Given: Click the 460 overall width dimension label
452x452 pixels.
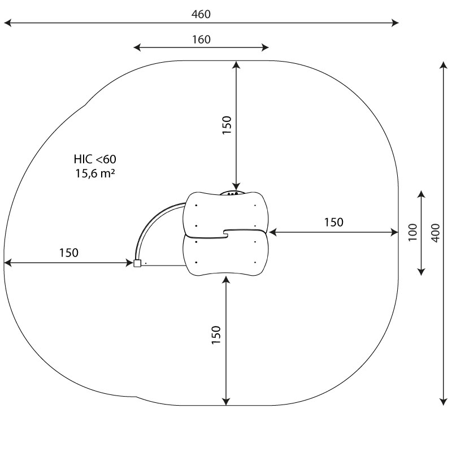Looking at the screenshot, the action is pos(201,14).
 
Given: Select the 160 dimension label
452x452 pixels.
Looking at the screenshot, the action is pos(201,40).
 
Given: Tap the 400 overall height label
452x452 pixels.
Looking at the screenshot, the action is pos(436,233).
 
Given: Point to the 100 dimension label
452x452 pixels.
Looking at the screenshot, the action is pos(412,232).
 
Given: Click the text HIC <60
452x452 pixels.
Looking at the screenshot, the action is pos(95,159).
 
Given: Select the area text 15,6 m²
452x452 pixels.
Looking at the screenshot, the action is pos(95,173).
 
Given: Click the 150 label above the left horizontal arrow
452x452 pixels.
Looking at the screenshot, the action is pos(68,253).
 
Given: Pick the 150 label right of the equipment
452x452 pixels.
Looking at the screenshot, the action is pos(333,222).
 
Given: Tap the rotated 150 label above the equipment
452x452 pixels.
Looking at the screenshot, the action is pos(227,124).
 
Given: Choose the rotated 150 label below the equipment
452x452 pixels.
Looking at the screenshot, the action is pos(216,334).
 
